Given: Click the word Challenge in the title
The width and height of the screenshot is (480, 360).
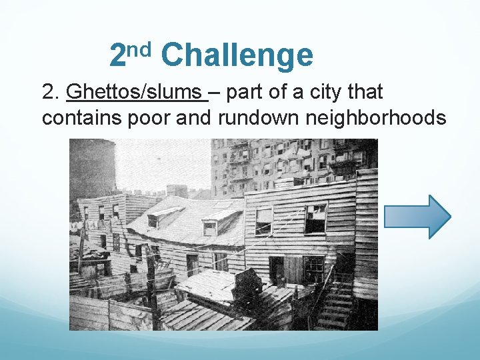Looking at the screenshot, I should coord(237,55).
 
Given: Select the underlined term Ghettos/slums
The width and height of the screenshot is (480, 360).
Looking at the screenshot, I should coord(137,93).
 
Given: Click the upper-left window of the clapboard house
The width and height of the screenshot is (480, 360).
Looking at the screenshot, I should coord(264,221).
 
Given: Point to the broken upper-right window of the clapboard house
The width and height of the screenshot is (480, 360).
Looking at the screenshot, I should coord(315,218).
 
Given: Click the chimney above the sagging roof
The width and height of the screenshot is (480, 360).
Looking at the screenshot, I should coord(177,191).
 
